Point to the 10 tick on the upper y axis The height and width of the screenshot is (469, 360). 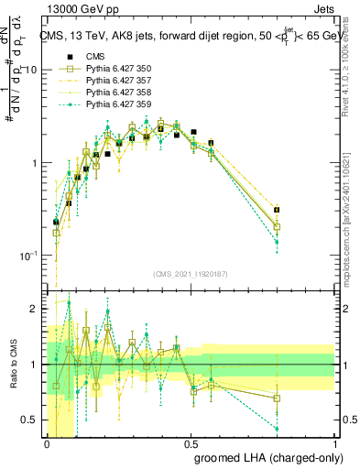30,71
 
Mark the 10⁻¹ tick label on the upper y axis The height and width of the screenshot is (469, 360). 27,255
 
